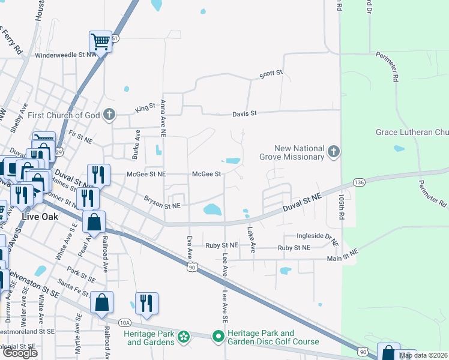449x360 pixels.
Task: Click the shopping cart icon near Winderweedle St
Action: click(x=101, y=42)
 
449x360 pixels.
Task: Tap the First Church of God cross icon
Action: click(x=109, y=115)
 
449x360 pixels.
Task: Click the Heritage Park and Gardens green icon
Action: click(x=184, y=338)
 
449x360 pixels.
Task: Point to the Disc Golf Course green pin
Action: click(x=218, y=338)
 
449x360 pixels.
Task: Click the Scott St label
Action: click(x=271, y=74)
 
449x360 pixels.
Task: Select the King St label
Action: click(x=145, y=109)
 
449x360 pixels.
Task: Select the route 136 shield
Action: click(x=359, y=182)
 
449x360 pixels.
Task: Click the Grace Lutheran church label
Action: click(x=412, y=132)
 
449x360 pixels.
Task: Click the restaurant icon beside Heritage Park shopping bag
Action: click(x=146, y=304)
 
